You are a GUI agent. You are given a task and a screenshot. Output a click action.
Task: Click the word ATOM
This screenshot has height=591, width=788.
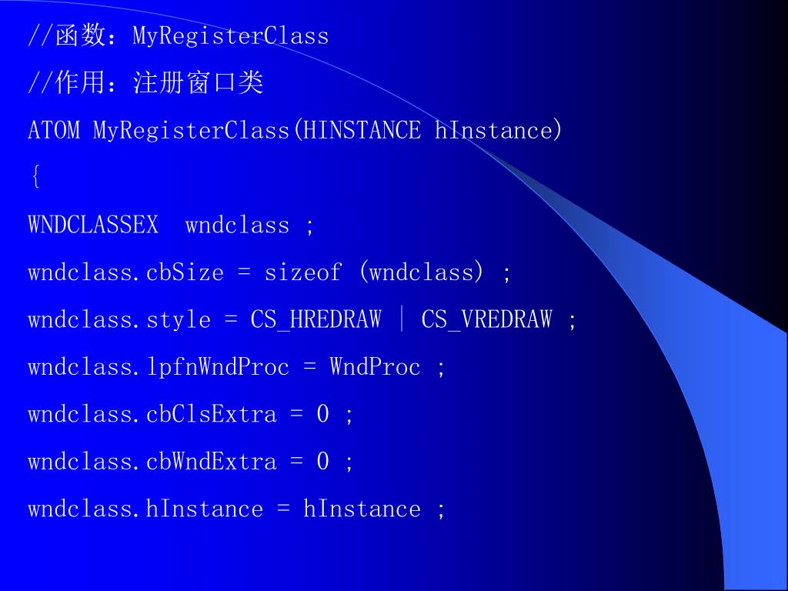(54, 130)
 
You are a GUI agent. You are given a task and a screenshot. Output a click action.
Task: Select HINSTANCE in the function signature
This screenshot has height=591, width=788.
(362, 130)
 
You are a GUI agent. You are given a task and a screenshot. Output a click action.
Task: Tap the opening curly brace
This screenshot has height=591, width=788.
(35, 178)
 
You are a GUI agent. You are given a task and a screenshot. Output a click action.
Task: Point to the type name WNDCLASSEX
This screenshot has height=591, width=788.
(93, 225)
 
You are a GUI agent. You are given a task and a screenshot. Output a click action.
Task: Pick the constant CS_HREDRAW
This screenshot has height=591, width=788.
(316, 320)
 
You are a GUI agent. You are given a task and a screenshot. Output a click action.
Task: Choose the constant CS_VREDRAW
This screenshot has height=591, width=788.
(486, 320)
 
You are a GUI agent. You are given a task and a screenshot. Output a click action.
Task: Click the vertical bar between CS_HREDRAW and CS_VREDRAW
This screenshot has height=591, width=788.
(402, 319)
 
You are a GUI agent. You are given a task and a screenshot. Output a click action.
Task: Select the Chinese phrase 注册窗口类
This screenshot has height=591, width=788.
(199, 83)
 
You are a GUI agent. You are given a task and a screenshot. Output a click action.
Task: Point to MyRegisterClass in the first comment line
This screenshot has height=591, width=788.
(231, 36)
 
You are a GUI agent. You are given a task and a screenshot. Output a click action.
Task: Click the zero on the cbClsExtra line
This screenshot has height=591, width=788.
(323, 414)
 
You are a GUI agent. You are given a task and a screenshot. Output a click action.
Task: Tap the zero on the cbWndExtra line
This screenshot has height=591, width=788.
(323, 462)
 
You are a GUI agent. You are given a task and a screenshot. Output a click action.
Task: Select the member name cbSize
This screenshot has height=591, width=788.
(185, 272)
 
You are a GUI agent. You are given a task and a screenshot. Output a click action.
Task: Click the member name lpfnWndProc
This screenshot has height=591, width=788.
(218, 367)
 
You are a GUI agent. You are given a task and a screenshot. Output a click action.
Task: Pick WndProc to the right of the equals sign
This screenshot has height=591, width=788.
(376, 367)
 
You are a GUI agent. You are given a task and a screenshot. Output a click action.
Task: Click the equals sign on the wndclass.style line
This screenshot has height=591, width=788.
(231, 320)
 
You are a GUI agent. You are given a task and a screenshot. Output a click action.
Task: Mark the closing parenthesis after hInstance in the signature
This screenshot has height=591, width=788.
(558, 130)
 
